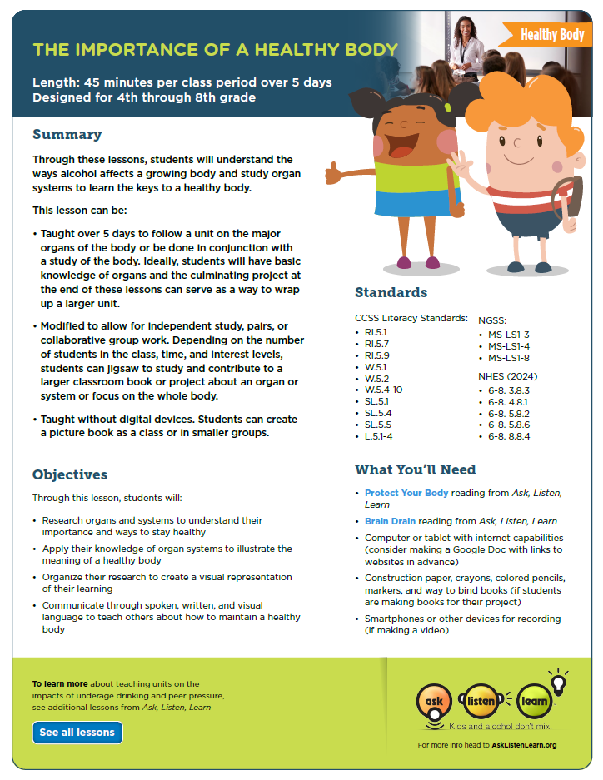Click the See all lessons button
pyautogui.click(x=77, y=733)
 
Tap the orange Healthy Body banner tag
pyautogui.click(x=551, y=34)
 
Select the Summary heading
pyautogui.click(x=67, y=135)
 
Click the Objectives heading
pyautogui.click(x=70, y=474)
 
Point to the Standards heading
pyautogui.click(x=391, y=292)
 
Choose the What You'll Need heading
pyautogui.click(x=416, y=469)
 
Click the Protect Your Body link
pyautogui.click(x=406, y=493)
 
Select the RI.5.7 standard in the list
pyautogui.click(x=378, y=343)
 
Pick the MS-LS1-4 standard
pyautogui.click(x=509, y=345)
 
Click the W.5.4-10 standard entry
pyautogui.click(x=385, y=389)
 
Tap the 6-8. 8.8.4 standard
pyautogui.click(x=509, y=435)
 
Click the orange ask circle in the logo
pyautogui.click(x=435, y=700)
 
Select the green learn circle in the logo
pyautogui.click(x=535, y=700)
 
